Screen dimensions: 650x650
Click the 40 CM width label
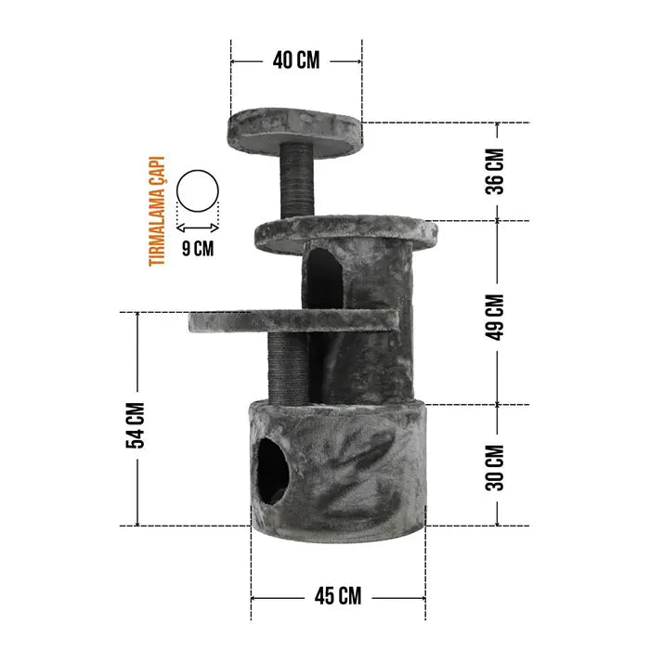[x=296, y=60]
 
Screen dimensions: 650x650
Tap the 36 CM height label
[x=495, y=172]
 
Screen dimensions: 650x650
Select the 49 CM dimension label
[x=495, y=318]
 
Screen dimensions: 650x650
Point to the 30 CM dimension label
[x=495, y=468]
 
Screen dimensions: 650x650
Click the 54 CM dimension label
[x=136, y=425]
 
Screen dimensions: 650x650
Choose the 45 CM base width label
[x=338, y=596]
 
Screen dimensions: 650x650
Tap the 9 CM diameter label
[x=198, y=249]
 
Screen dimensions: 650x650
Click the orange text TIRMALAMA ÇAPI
[x=157, y=211]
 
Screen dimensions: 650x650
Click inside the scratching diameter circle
[x=197, y=191]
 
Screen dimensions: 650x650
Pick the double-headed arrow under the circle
[x=197, y=227]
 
